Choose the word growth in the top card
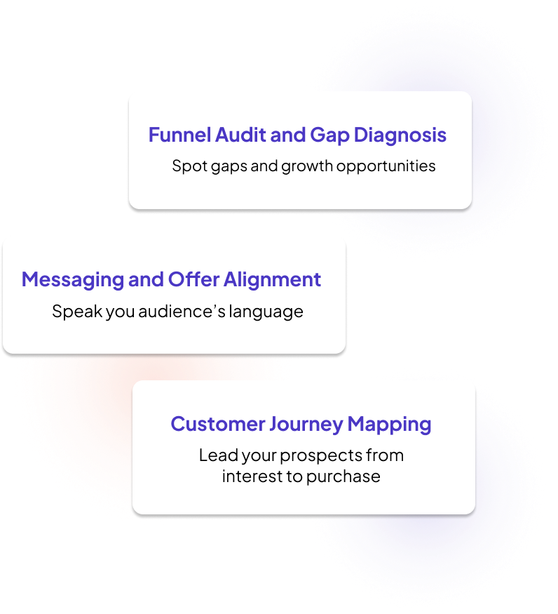coord(306,167)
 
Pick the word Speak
coord(76,311)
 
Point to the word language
coord(270,312)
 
